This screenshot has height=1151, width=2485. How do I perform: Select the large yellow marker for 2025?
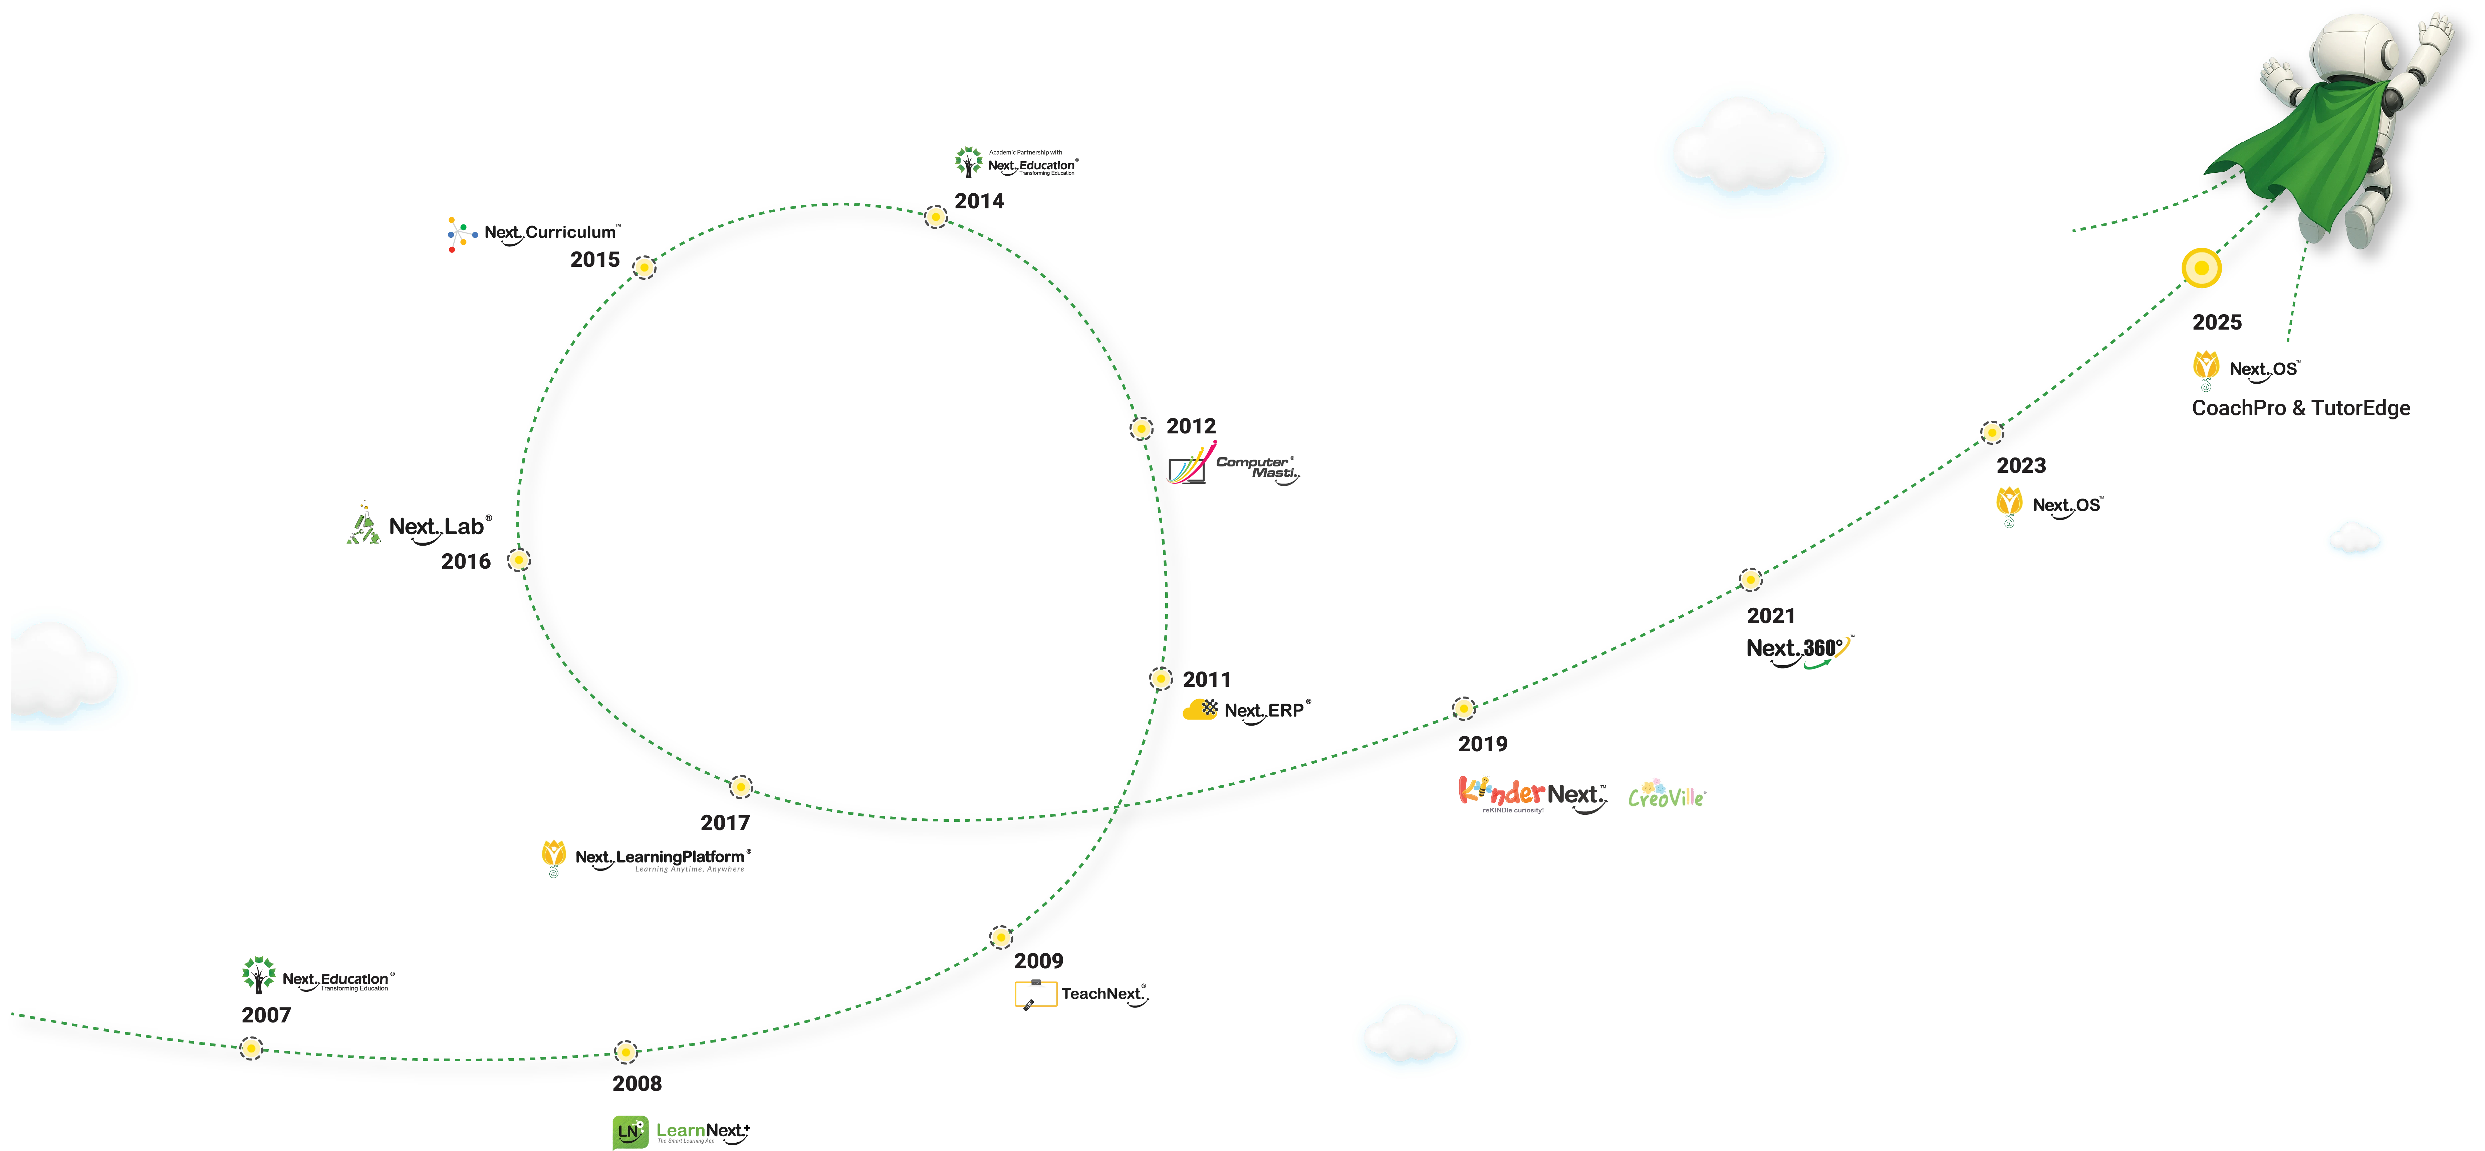[x=2201, y=267]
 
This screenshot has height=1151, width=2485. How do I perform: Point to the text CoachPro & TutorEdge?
[x=2301, y=408]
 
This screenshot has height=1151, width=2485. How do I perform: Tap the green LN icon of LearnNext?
[x=629, y=1131]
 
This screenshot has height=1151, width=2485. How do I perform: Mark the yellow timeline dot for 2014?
[x=936, y=217]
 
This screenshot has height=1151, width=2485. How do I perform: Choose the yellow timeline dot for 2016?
[x=518, y=560]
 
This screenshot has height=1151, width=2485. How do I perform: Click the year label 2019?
[x=1483, y=744]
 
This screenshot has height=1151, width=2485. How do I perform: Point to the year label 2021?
[x=1770, y=615]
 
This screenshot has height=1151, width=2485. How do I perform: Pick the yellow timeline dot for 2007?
[x=251, y=1048]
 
